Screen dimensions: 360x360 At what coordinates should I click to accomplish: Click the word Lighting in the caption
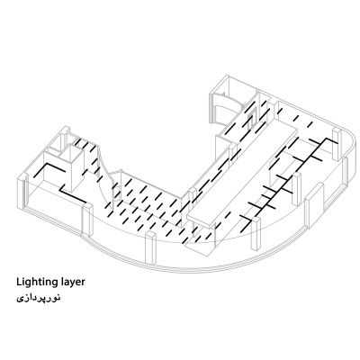tap(33, 283)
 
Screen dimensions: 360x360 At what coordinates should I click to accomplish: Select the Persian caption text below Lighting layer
tap(39, 298)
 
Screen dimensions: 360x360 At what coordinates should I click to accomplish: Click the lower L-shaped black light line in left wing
tap(72, 195)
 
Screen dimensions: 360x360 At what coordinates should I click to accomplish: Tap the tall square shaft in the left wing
tap(72, 168)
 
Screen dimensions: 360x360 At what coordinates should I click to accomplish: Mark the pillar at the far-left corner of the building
tap(23, 192)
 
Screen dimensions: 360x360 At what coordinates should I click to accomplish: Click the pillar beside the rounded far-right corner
tap(337, 144)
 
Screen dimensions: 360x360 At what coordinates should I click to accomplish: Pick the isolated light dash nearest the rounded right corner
tap(310, 123)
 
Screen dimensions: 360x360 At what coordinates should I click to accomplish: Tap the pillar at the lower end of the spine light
tap(256, 234)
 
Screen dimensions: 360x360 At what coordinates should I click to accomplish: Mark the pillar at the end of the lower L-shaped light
tap(87, 219)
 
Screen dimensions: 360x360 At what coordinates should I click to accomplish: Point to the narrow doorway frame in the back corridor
tap(250, 120)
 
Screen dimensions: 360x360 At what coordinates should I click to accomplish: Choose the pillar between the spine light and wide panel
tap(296, 189)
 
